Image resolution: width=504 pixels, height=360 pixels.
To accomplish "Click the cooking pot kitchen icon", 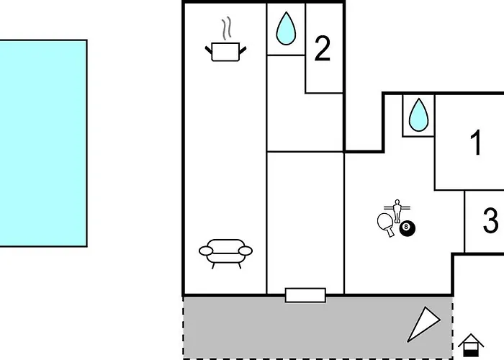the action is coord(225,52).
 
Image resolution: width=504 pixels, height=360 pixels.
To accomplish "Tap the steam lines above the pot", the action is coord(226,28).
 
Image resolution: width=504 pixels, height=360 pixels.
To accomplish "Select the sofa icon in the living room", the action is coord(225,253).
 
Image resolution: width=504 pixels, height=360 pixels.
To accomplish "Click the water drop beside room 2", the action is coord(286,28).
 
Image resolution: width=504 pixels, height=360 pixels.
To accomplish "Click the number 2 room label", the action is coord(323,48).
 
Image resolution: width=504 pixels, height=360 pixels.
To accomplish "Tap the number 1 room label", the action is coord(476,143).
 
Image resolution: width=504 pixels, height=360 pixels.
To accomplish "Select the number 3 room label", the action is coord(491,220).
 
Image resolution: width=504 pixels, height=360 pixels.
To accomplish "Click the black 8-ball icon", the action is coord(408,228).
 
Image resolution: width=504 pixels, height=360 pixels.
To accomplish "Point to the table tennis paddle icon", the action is coord(386,224).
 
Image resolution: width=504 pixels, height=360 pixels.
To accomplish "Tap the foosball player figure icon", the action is coord(397,210).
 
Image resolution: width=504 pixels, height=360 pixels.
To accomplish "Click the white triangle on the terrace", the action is coord(424,323).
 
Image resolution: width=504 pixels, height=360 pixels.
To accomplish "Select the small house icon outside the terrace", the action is coord(471,345).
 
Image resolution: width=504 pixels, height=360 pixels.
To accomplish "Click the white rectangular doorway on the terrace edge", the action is coord(305,295).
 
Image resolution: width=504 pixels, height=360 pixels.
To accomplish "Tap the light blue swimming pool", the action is coord(43,143).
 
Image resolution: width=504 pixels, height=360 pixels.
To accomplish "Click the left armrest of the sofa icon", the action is coord(206,251).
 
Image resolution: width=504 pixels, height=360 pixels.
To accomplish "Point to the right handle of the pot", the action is coord(243,50).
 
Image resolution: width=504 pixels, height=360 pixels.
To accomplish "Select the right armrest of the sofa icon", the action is coord(246,251).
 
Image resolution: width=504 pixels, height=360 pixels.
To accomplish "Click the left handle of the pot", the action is coord(209,50).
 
